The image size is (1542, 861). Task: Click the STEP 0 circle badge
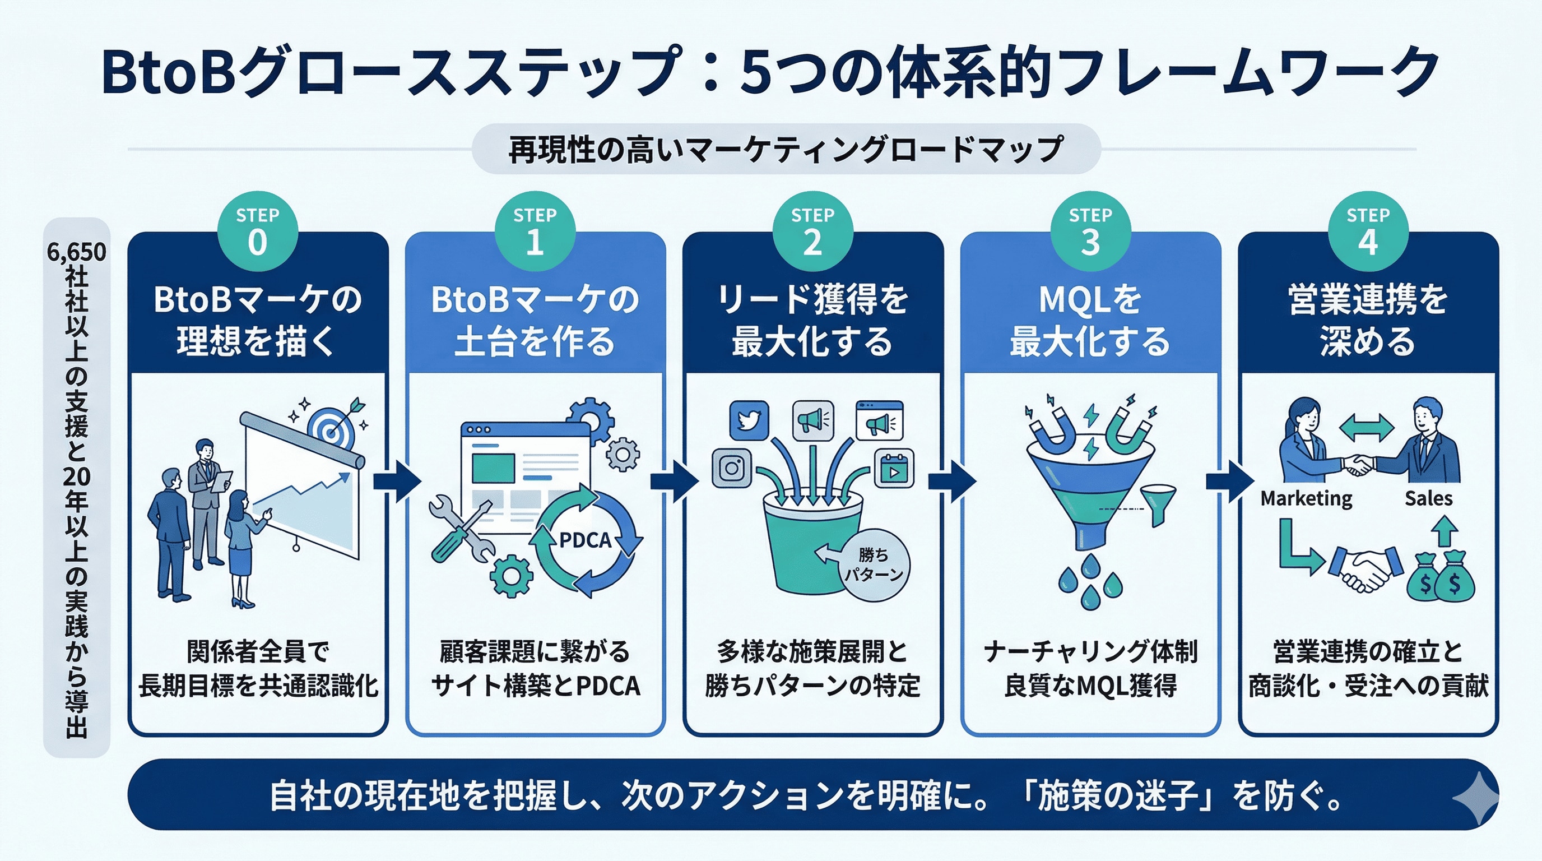pyautogui.click(x=257, y=232)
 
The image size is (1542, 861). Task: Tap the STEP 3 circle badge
pyautogui.click(x=1090, y=232)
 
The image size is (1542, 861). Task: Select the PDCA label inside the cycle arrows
pyautogui.click(x=585, y=540)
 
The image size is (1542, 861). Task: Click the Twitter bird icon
pyautogui.click(x=749, y=420)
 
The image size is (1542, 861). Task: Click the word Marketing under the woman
pyautogui.click(x=1306, y=498)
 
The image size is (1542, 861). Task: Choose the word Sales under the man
pyautogui.click(x=1428, y=498)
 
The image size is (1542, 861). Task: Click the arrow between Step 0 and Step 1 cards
pyautogui.click(x=397, y=480)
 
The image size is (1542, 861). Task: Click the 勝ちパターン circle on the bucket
pyautogui.click(x=874, y=564)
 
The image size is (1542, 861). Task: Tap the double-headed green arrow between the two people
pyautogui.click(x=1367, y=429)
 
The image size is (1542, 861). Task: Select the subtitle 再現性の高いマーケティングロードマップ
pyautogui.click(x=786, y=149)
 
